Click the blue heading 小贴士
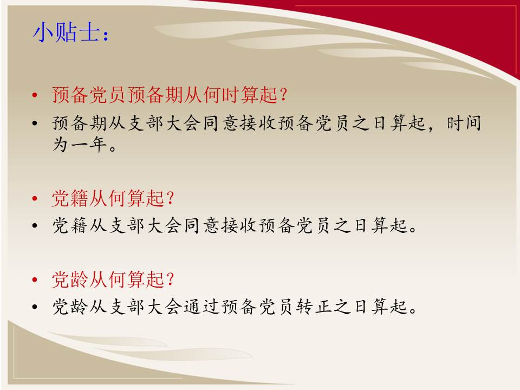tap(66, 32)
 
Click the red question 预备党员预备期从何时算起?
tap(170, 95)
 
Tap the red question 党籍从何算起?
tap(113, 198)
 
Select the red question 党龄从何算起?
tap(113, 279)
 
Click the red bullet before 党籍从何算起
tap(35, 199)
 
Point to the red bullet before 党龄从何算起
tap(35, 279)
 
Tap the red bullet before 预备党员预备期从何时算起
tap(35, 95)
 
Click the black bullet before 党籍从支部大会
tap(35, 226)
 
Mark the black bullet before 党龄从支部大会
tap(35, 307)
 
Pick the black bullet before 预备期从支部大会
tap(35, 123)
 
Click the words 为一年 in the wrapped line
tap(80, 145)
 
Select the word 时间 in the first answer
tap(464, 123)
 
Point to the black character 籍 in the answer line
tap(80, 225)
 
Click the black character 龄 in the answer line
tap(80, 306)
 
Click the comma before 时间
tap(431, 128)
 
